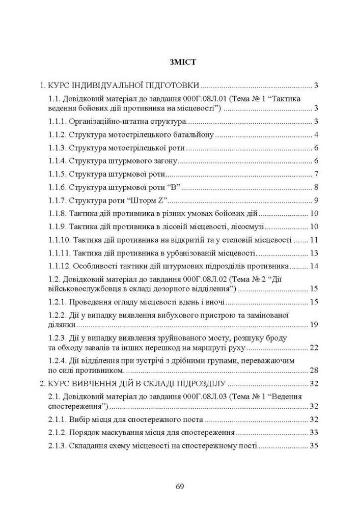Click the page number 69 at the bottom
click(180, 486)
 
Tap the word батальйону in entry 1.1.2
click(192, 135)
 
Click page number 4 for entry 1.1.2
click(316, 135)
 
